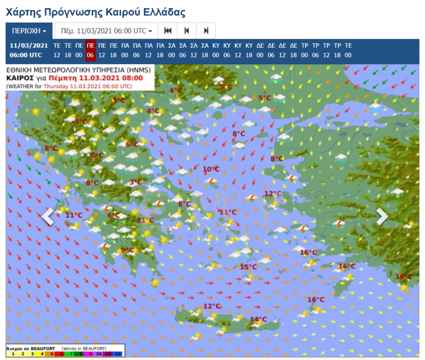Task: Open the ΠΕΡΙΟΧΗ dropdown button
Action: [29, 31]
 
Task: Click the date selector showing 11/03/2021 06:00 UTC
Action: [106, 31]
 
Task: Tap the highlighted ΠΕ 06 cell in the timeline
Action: [90, 50]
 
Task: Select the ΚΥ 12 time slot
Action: [238, 50]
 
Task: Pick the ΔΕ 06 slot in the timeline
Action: [271, 50]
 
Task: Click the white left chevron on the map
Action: [47, 217]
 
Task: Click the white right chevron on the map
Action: [382, 217]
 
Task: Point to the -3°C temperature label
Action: [80, 122]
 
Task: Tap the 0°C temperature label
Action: [97, 155]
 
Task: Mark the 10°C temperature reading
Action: [211, 169]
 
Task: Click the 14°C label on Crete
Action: [258, 319]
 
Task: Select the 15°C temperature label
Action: [248, 267]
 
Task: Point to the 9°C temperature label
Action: [127, 250]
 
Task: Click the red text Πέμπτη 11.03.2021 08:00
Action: [112, 78]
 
